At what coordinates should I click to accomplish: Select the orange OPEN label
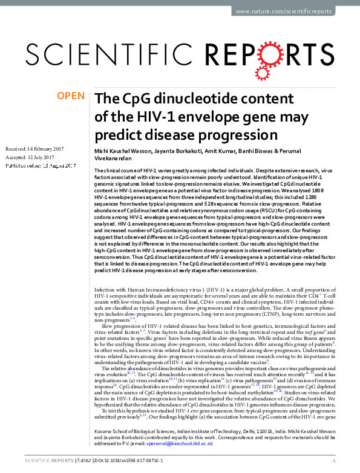[70, 96]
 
